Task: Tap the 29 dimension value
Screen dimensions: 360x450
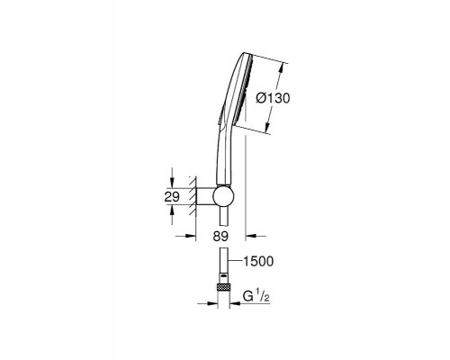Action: pos(174,197)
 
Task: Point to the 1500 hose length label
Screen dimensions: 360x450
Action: pos(257,262)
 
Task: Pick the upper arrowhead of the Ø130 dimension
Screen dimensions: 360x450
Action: pos(282,62)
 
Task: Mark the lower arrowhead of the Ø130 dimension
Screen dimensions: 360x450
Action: pos(268,132)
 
